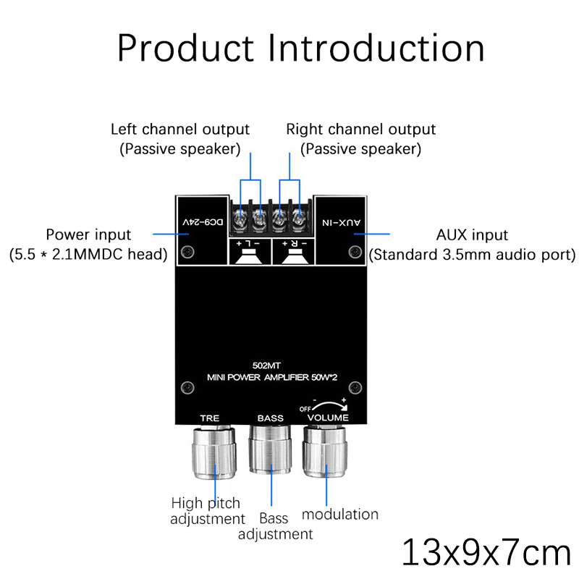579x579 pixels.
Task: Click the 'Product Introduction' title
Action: [x=300, y=48]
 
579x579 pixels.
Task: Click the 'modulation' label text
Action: [x=339, y=514]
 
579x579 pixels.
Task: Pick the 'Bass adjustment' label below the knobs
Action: [x=275, y=526]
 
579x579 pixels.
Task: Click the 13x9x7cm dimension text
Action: [x=486, y=551]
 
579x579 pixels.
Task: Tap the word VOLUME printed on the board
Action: [x=328, y=418]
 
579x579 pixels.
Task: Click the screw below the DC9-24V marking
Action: [x=188, y=252]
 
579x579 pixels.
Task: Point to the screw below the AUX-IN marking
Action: [x=355, y=252]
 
